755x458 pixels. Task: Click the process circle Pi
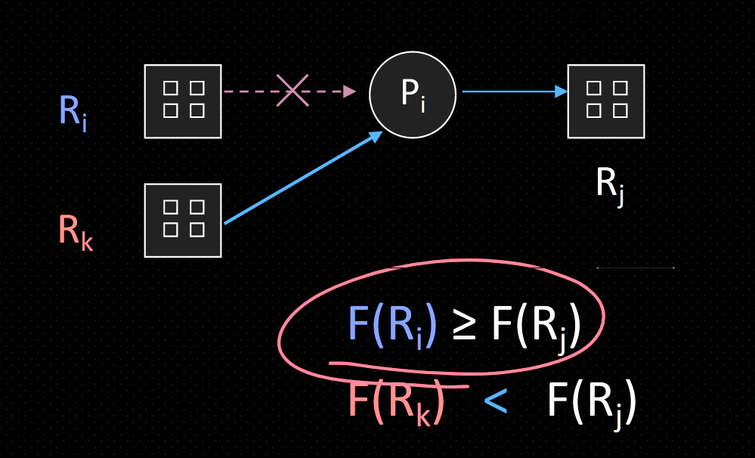pos(413,94)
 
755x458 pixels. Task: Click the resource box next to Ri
pos(183,101)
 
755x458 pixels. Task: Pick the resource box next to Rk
pos(183,220)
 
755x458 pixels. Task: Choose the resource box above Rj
pos(606,101)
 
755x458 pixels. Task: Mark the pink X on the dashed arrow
pos(292,91)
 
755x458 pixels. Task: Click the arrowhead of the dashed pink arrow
pos(349,91)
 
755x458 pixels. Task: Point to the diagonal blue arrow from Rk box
pos(302,178)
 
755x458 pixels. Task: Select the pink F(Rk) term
pos(395,401)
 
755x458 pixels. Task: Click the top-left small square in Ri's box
pos(171,88)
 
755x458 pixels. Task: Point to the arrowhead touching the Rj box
pos(561,91)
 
